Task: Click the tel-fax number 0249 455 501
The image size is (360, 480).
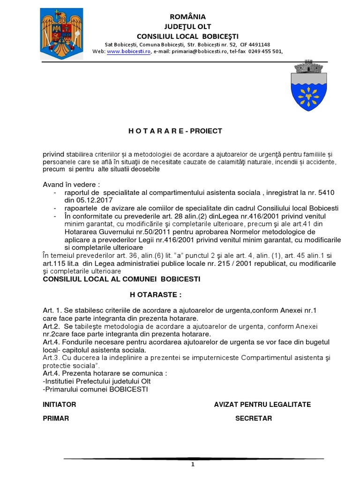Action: [265, 52]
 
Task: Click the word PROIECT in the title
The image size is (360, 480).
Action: [204, 131]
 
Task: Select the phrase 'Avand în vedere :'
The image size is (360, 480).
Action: [71, 184]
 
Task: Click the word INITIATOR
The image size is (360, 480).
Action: [59, 405]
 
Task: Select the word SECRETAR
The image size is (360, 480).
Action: [253, 419]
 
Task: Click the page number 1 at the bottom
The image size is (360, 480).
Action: [192, 465]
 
